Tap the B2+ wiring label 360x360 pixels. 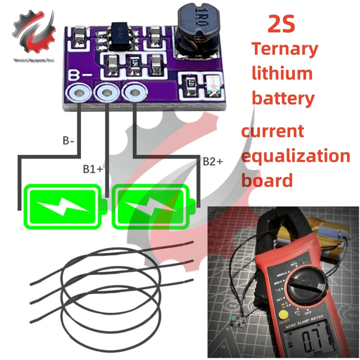(x=213, y=162)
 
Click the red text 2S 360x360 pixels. (x=281, y=25)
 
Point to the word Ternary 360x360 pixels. (x=284, y=49)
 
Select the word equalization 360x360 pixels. (x=296, y=156)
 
